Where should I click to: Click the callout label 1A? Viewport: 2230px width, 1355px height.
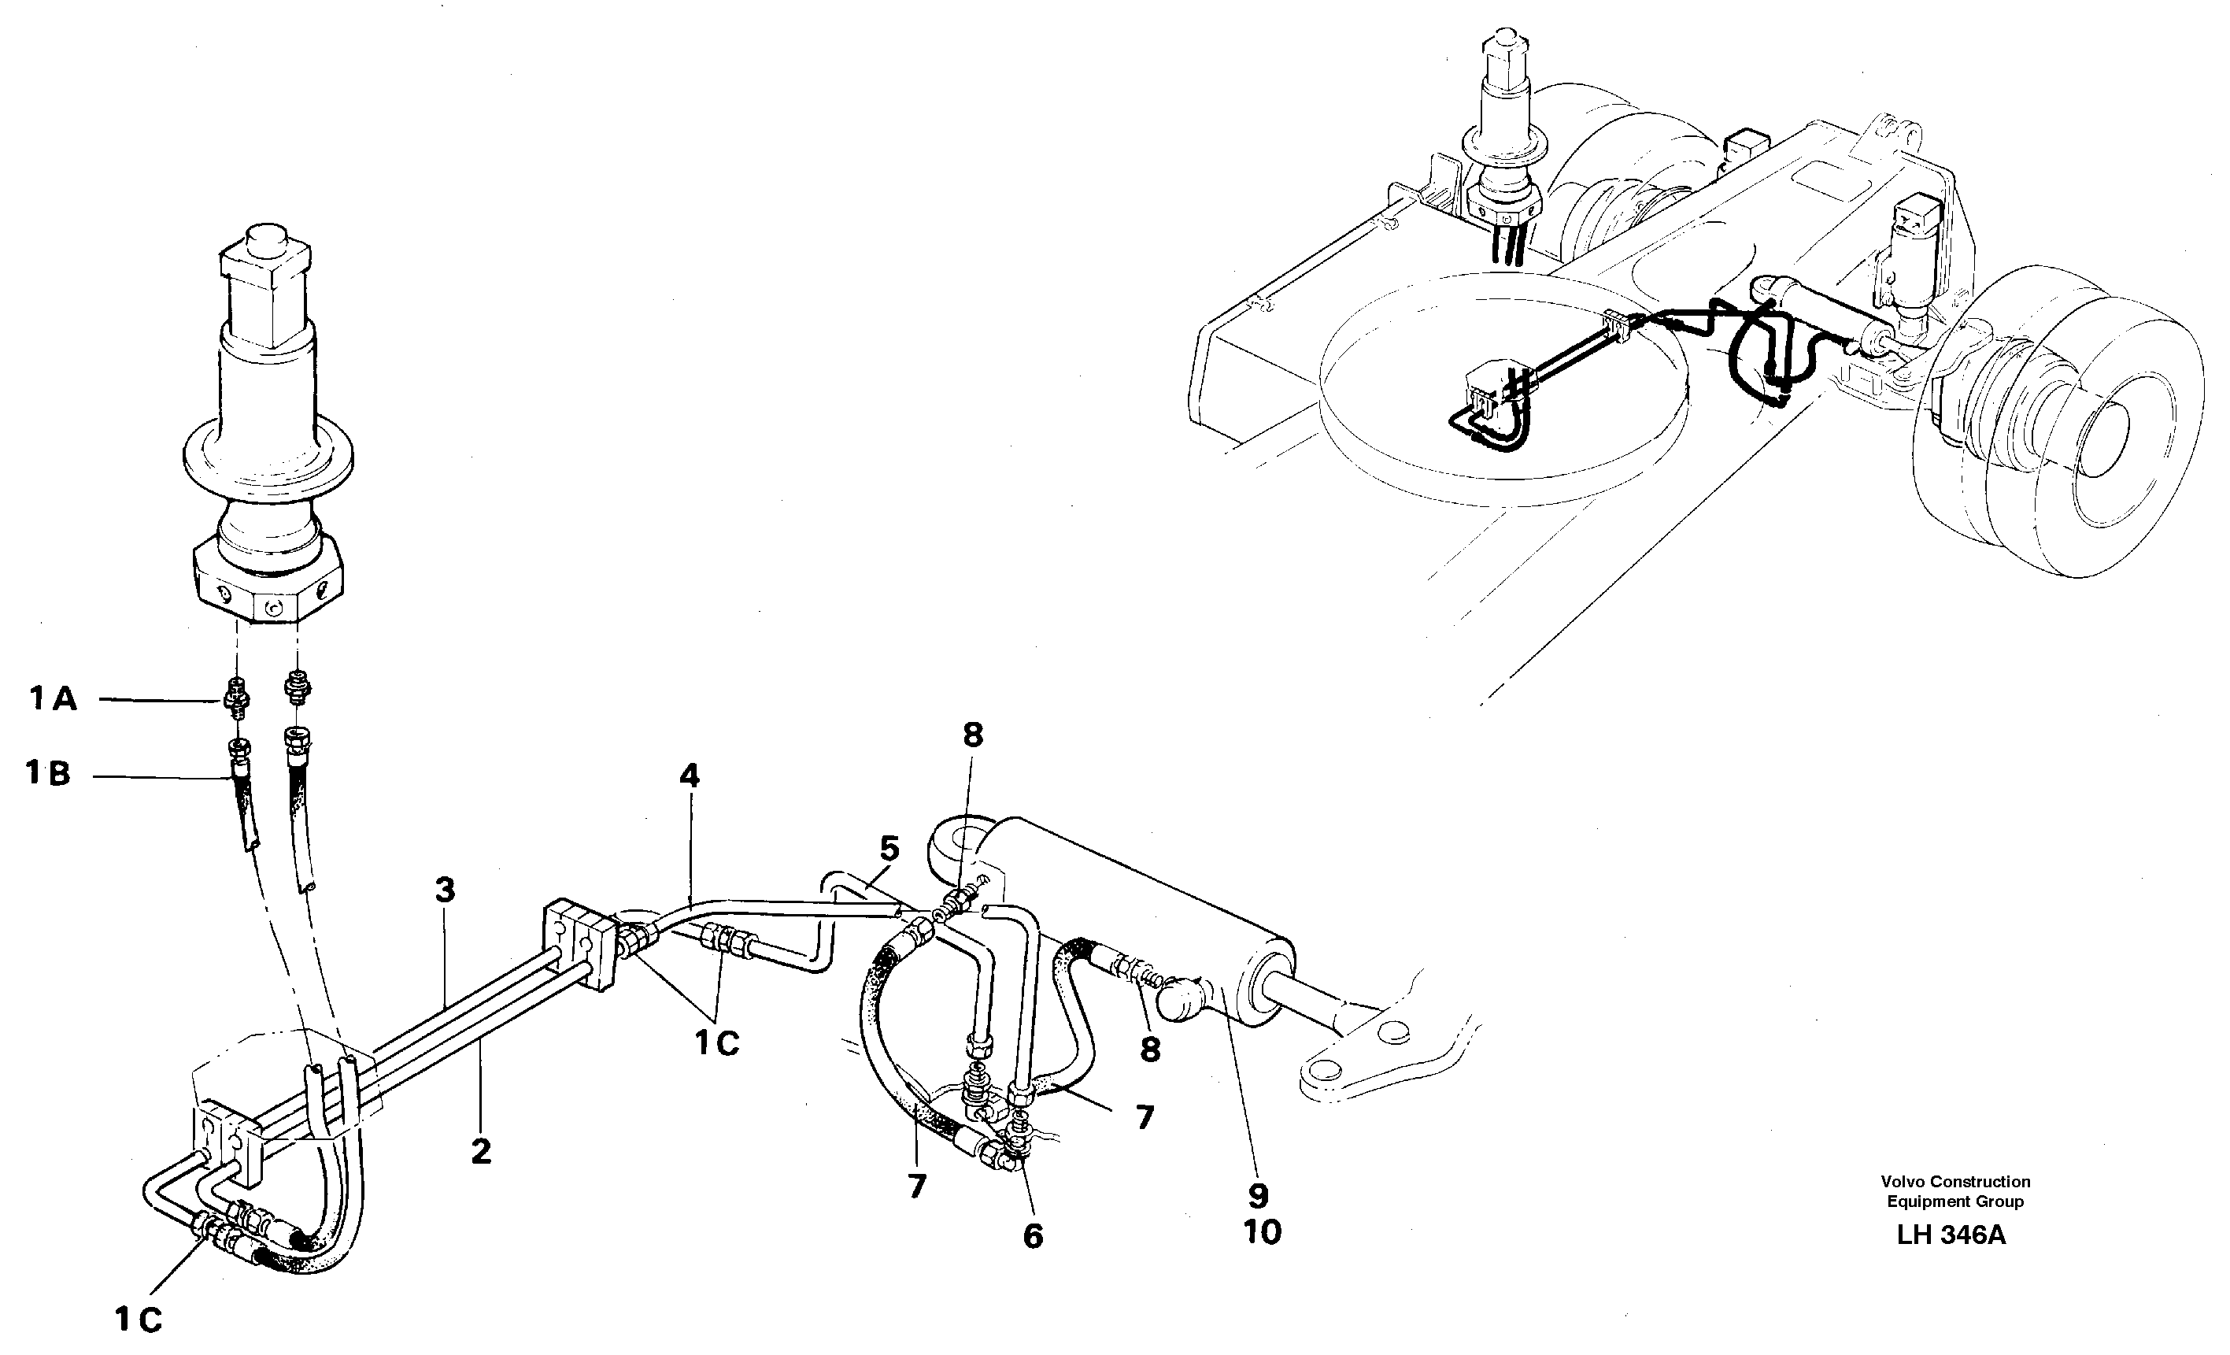tap(53, 699)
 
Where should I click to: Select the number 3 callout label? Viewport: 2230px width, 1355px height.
tap(445, 890)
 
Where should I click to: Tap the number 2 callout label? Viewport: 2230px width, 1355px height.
tap(482, 1151)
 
